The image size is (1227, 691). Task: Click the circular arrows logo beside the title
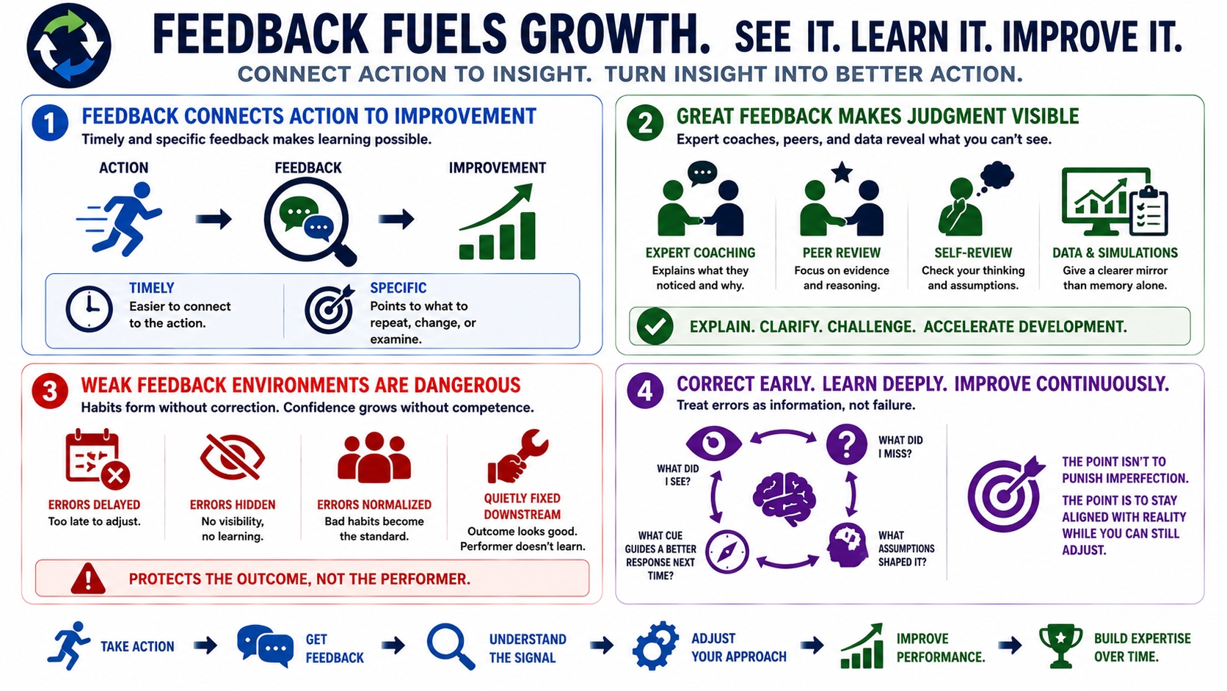point(68,46)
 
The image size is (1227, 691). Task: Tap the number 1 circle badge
point(50,123)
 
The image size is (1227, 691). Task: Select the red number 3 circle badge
point(50,391)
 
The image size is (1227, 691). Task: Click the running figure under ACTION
point(120,219)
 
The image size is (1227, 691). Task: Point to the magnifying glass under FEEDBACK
point(310,223)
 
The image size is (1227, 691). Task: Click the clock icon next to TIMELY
point(90,309)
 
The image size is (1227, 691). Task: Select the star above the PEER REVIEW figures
point(842,172)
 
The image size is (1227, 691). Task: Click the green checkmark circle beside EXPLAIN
point(655,327)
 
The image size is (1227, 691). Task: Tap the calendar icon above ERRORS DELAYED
point(98,459)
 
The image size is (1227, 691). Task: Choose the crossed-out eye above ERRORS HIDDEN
point(233,457)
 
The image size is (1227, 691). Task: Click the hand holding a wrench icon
point(517,456)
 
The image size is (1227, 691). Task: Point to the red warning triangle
point(88,579)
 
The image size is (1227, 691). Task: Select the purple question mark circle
point(847,444)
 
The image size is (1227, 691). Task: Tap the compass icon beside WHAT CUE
point(727,552)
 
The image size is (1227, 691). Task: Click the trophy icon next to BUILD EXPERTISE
point(1061,646)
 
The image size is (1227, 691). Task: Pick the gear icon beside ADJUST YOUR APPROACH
point(655,646)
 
